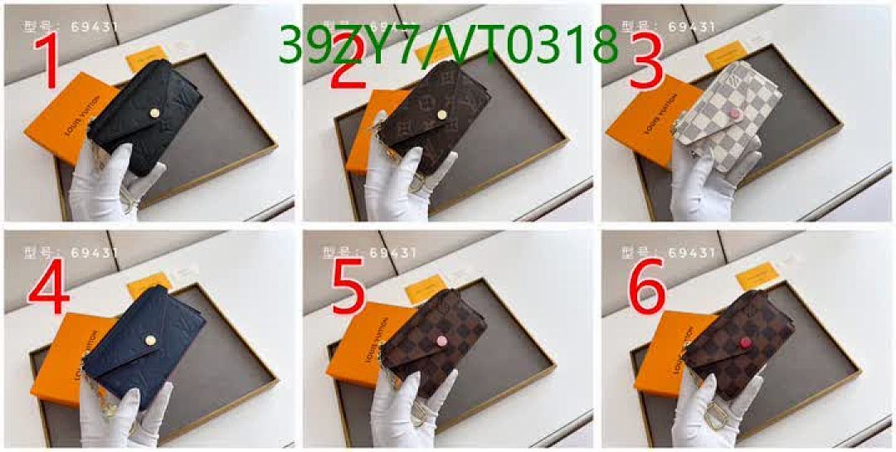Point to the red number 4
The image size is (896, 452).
48,284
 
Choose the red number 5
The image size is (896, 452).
348,284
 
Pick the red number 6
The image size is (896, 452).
646,284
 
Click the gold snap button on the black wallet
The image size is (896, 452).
153,109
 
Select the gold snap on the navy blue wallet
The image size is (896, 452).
153,338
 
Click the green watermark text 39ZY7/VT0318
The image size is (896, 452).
448,45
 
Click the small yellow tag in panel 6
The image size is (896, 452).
757,275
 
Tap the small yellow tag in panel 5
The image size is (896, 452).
423,289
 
